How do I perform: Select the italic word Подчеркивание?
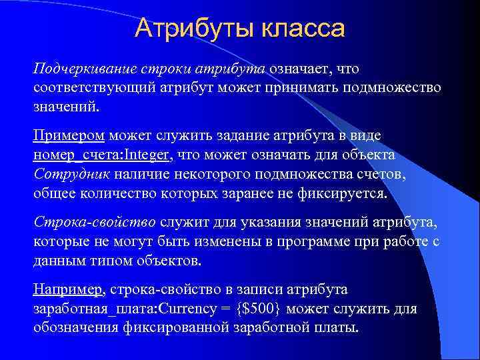(79, 69)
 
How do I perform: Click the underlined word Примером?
(69, 137)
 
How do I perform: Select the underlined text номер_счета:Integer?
(103, 155)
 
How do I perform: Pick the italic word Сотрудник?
(71, 174)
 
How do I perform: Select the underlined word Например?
(68, 291)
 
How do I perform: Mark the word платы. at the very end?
(339, 328)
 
